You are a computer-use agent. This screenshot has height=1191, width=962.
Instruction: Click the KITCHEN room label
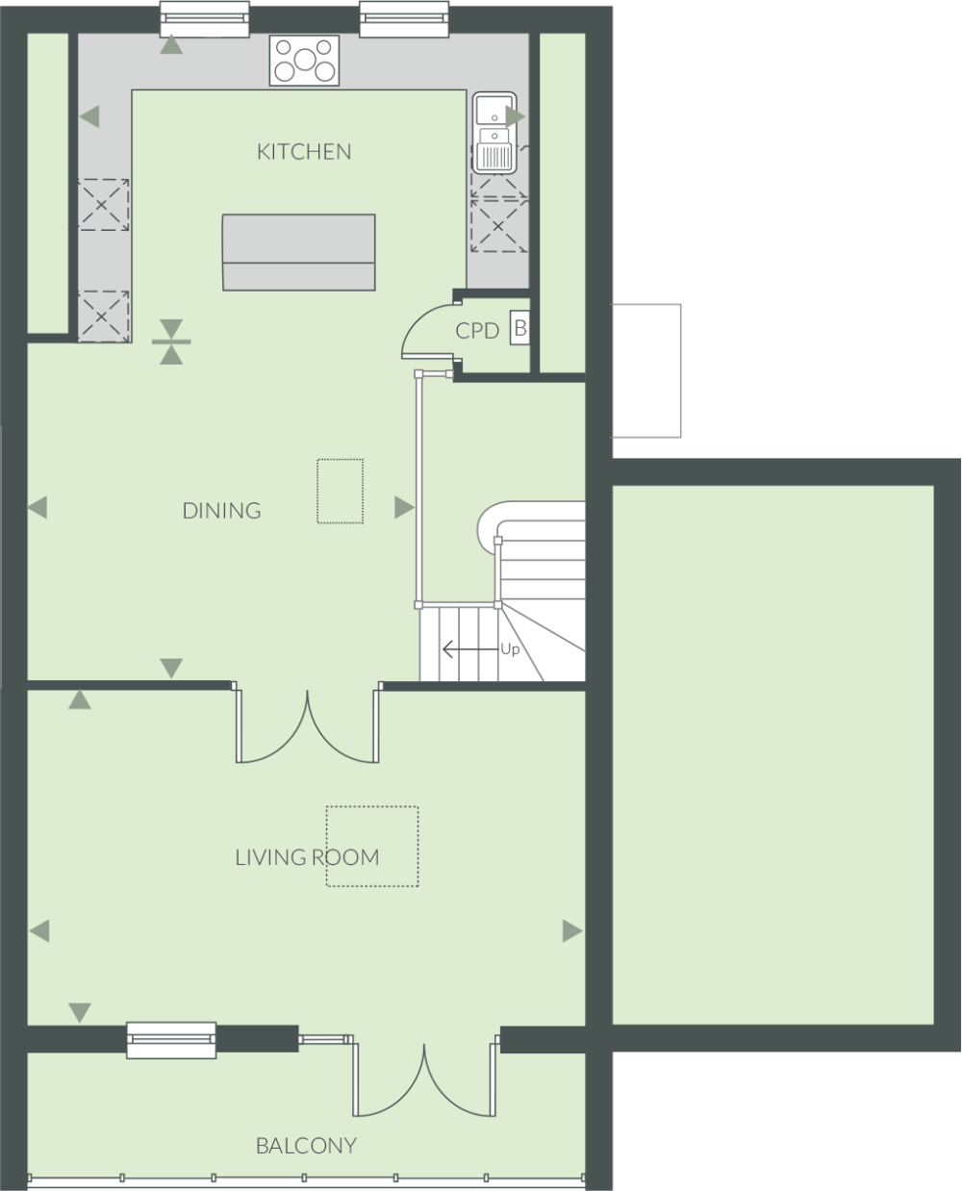tap(304, 152)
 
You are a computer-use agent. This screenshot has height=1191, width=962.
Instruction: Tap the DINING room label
tap(222, 511)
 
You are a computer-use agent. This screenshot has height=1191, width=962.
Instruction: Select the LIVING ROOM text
tap(307, 857)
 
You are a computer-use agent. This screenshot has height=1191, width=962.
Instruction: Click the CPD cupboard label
tap(477, 331)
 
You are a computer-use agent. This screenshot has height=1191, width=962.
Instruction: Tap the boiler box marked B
tap(519, 328)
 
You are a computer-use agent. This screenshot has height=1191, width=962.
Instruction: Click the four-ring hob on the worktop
tap(304, 61)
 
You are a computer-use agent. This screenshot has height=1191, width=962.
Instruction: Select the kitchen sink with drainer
tap(494, 133)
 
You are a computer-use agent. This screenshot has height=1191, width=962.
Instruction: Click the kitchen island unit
tap(299, 252)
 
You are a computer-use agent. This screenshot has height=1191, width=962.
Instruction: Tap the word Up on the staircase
tap(510, 648)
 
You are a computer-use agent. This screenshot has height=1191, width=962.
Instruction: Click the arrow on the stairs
tap(470, 649)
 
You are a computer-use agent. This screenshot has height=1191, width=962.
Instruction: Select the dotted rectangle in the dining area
tap(341, 492)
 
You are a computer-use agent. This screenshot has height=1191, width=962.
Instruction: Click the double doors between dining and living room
tap(308, 726)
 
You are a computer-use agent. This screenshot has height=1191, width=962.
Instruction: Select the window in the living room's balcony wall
tap(171, 1040)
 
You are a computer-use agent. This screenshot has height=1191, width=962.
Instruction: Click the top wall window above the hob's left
tap(205, 19)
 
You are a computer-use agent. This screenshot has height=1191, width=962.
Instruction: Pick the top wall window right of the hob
tap(404, 19)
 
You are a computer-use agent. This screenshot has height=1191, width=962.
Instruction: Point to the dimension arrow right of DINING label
tap(404, 507)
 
